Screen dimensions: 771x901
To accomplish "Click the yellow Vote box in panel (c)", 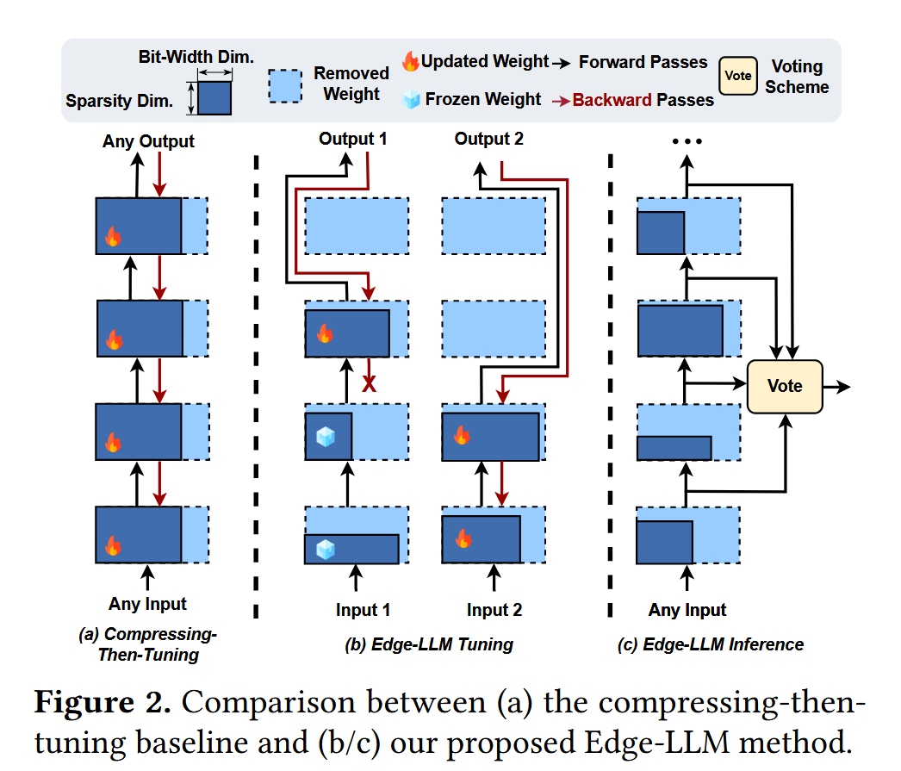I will click(784, 386).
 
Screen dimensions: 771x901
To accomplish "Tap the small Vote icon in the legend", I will click(738, 76).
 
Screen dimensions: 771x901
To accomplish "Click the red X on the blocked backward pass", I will click(370, 384).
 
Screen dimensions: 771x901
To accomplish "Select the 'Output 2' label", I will click(488, 139).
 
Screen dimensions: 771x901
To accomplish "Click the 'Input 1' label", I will click(363, 610).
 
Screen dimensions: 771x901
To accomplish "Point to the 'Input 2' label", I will click(494, 610).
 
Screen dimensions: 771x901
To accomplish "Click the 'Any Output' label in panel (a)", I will click(148, 141).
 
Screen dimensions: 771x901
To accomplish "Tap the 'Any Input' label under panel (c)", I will click(687, 610).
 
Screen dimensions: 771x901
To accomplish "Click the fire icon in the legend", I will click(410, 62).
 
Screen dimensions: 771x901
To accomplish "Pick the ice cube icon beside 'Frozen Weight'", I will click(411, 99).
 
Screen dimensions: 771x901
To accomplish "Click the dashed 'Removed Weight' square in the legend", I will click(285, 86).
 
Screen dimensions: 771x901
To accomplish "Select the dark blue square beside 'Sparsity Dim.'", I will click(214, 98).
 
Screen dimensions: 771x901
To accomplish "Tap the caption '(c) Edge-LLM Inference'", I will click(711, 644).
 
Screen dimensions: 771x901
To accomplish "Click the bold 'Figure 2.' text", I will click(102, 702).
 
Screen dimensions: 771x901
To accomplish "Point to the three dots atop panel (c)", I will click(687, 141).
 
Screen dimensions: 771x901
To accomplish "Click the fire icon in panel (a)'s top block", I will click(114, 236).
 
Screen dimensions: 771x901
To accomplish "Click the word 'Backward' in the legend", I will click(612, 100).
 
